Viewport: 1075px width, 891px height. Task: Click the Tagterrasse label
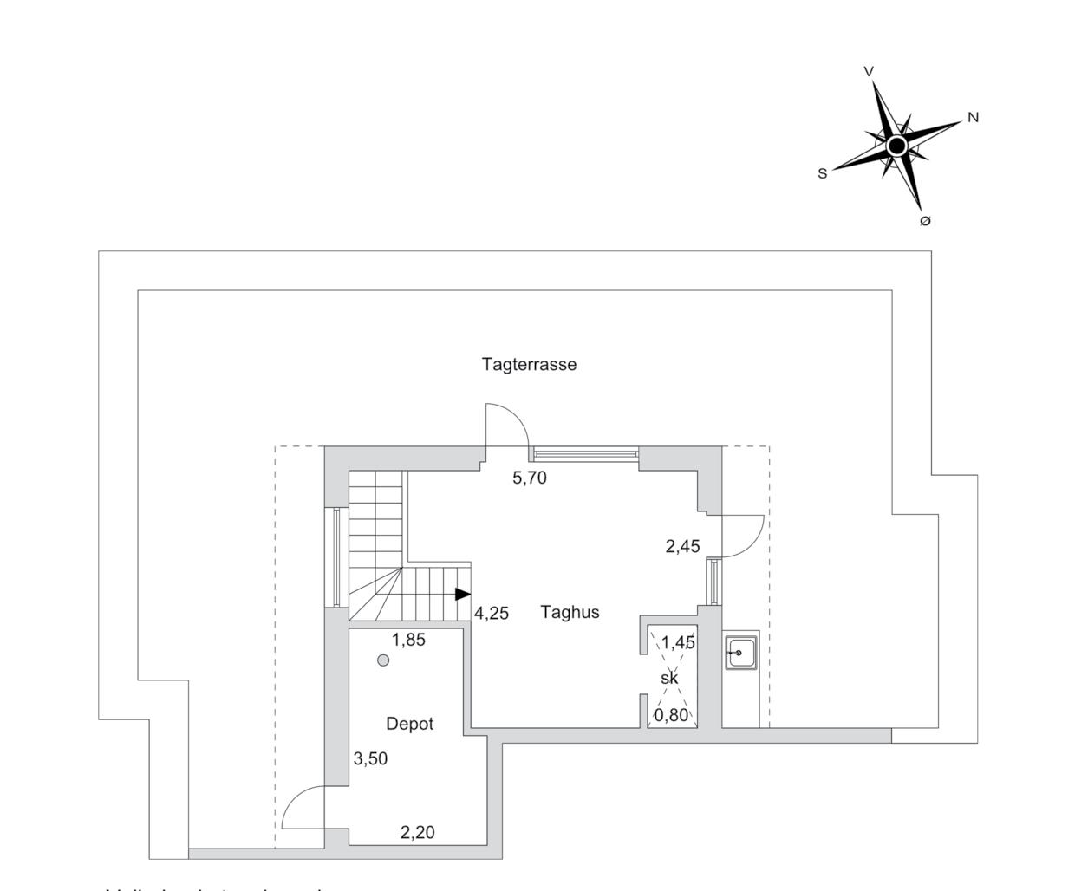pos(529,364)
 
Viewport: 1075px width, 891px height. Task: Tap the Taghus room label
pos(570,612)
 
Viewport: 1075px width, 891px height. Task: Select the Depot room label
pos(409,724)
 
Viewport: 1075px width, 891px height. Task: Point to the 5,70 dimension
pos(530,478)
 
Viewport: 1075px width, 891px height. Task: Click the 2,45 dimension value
pos(682,546)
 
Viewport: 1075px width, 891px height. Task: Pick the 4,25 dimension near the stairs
pos(492,614)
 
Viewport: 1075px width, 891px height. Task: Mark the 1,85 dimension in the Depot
pos(408,640)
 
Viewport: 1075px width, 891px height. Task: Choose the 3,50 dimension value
pos(370,758)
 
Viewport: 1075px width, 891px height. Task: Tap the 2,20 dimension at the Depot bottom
pos(417,833)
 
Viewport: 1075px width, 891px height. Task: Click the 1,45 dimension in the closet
pos(678,642)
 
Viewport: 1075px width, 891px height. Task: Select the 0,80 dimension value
pos(671,715)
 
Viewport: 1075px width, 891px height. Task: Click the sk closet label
pos(669,678)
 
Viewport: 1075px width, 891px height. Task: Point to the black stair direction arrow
pos(462,594)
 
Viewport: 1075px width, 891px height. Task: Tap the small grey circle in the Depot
pos(383,660)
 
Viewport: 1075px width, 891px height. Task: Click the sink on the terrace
pos(741,652)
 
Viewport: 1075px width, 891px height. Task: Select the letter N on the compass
pos(973,117)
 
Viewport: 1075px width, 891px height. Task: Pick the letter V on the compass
pos(869,72)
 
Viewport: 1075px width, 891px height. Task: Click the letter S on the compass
pos(822,173)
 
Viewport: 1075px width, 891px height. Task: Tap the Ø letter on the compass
pos(924,221)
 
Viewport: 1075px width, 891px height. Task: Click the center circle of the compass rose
pos(897,145)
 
